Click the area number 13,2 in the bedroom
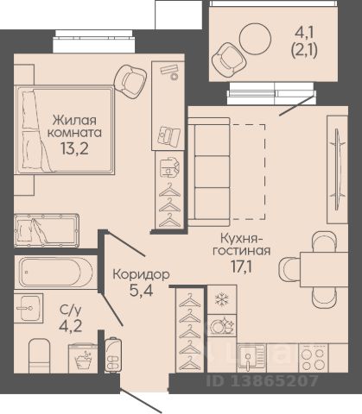coord(74,148)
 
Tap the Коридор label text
coord(141,274)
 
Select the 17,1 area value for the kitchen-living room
coord(241,267)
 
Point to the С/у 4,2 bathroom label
coord(71,318)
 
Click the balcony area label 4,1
coord(305,36)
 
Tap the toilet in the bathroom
coord(40,356)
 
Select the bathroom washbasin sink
coord(29,308)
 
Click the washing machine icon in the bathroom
coord(83,359)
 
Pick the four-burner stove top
coord(314,358)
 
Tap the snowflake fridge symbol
coord(222,299)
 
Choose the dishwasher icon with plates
coord(222,325)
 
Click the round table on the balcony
coord(255,39)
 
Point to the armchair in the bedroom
coord(130,80)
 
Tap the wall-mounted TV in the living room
coord(337,169)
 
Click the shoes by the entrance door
coord(112,354)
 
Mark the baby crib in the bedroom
coord(47,230)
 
